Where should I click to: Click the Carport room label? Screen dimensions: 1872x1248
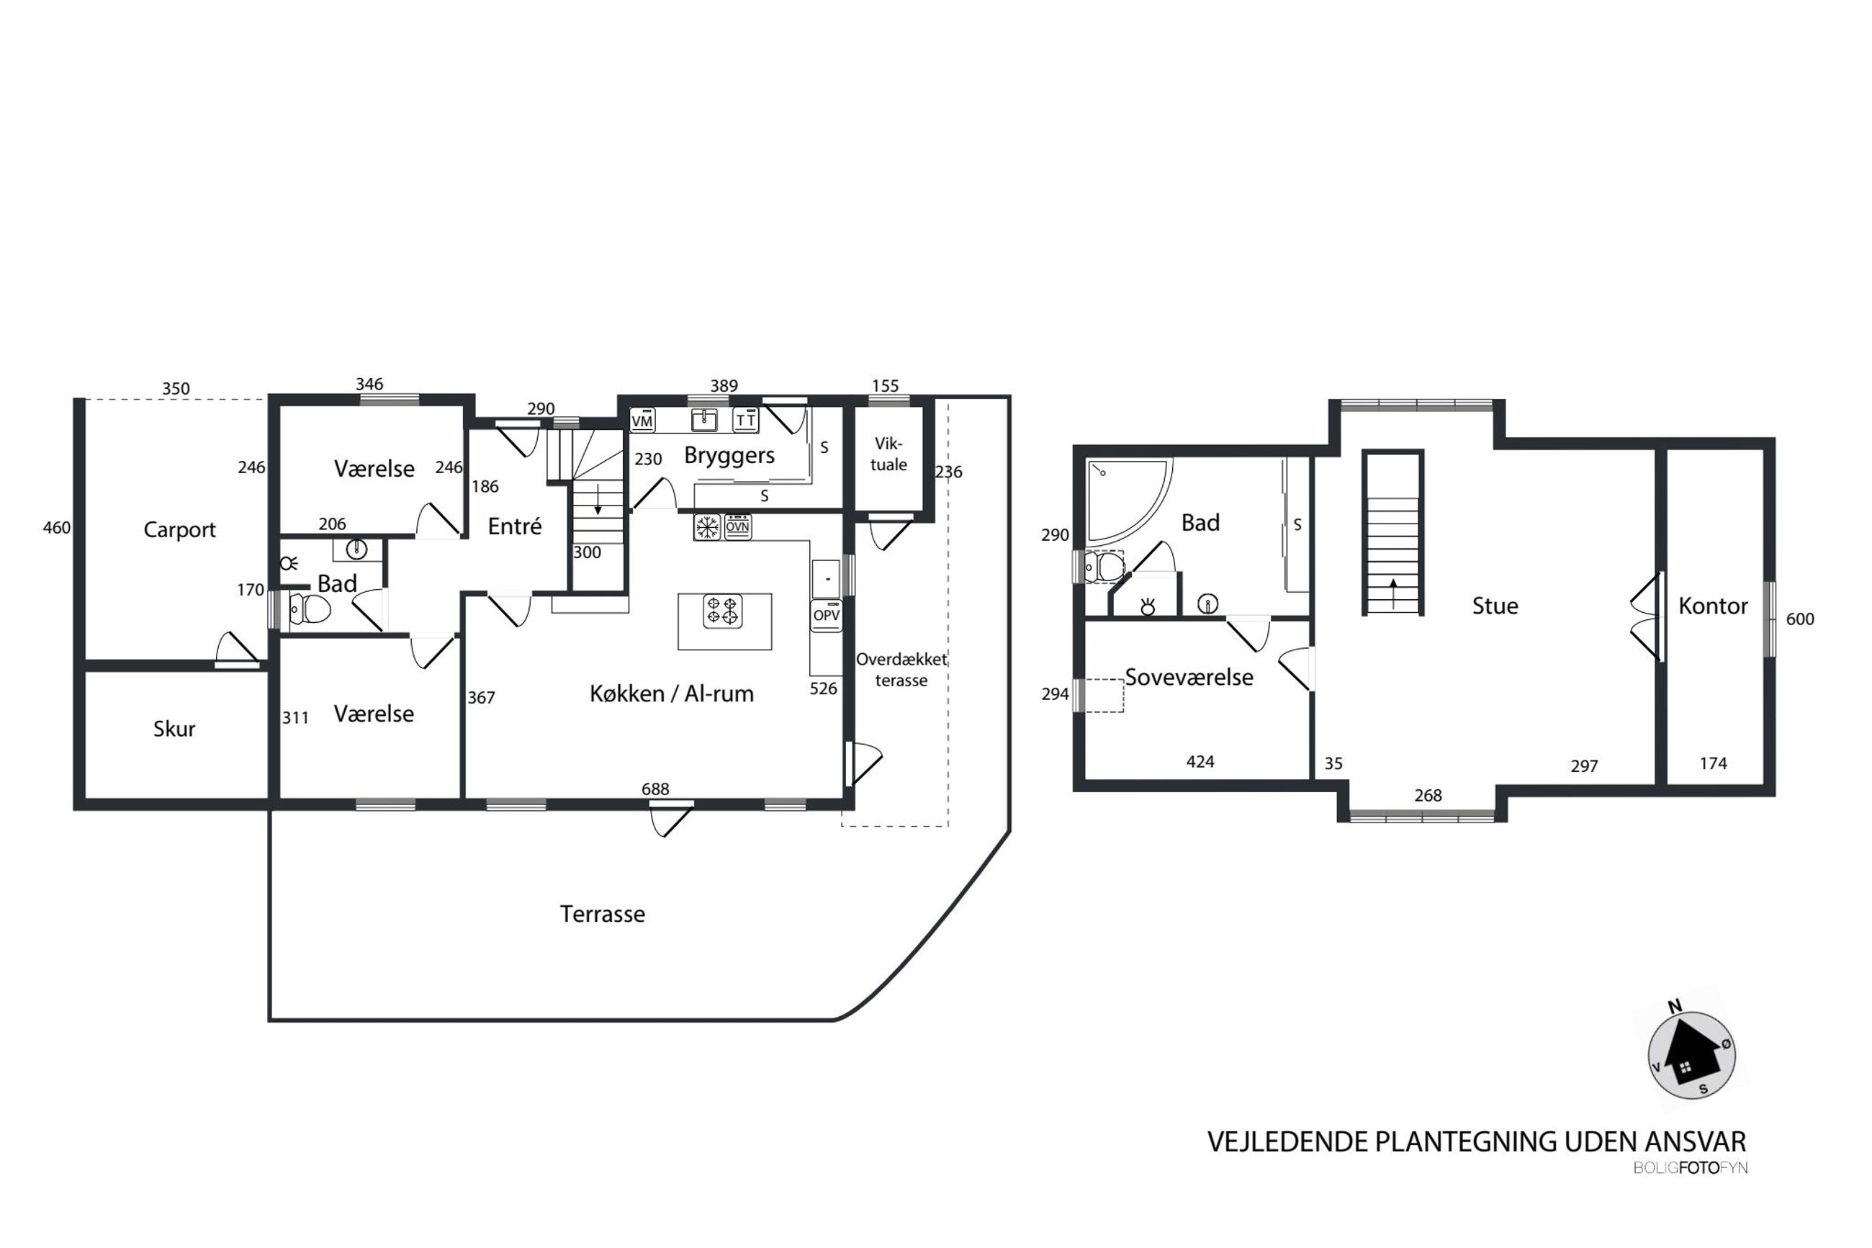click(179, 529)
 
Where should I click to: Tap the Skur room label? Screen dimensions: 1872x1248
click(174, 728)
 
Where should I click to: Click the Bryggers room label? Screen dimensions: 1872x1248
click(729, 455)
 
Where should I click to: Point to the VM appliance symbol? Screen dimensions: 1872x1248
click(642, 421)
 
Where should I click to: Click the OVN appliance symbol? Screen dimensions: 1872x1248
click(737, 526)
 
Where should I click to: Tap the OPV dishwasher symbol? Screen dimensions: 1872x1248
click(826, 614)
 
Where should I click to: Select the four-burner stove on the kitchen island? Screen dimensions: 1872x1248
click(722, 611)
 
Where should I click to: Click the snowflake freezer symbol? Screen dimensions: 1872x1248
click(707, 526)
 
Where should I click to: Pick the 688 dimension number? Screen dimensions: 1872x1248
click(655, 789)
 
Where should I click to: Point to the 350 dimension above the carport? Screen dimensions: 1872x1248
click(176, 388)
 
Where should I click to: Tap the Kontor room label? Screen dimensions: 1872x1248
click(1713, 606)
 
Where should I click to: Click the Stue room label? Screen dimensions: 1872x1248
click(1495, 606)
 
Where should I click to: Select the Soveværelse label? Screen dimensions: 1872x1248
click(1189, 678)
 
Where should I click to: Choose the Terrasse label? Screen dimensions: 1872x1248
click(602, 914)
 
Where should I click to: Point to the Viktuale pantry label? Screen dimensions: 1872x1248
click(888, 454)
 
